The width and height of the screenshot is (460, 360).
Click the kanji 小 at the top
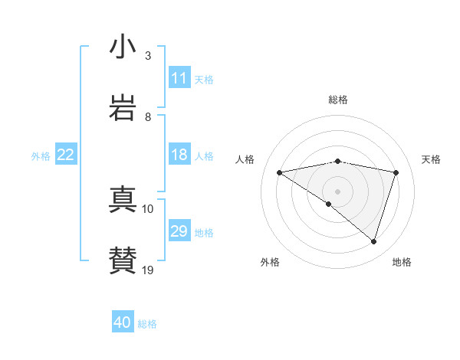(x=123, y=47)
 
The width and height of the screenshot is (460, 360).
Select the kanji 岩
(x=123, y=108)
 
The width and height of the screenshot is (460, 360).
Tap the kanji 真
(x=123, y=201)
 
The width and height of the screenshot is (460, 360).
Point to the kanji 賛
(x=123, y=260)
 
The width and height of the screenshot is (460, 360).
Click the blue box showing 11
(x=179, y=78)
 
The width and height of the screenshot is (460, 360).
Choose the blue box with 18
(x=179, y=155)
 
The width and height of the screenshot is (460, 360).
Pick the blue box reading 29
(x=179, y=231)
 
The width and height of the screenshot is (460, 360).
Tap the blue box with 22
(x=66, y=155)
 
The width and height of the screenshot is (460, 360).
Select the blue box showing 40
(x=123, y=322)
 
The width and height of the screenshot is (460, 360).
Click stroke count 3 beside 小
(x=148, y=56)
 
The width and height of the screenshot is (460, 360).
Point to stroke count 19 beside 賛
(x=148, y=270)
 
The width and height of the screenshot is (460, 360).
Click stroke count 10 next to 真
(x=148, y=208)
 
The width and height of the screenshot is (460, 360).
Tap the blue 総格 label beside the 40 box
(x=148, y=324)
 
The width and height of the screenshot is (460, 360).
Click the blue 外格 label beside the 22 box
(x=41, y=156)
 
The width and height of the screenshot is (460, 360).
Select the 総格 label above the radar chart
(x=338, y=100)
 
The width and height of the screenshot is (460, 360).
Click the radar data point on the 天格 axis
(x=396, y=172)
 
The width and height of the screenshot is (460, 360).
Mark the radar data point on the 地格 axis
(x=374, y=242)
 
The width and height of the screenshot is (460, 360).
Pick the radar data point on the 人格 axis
(x=280, y=172)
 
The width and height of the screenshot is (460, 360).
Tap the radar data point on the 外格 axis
(x=329, y=204)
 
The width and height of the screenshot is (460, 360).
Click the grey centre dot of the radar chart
(x=338, y=191)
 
